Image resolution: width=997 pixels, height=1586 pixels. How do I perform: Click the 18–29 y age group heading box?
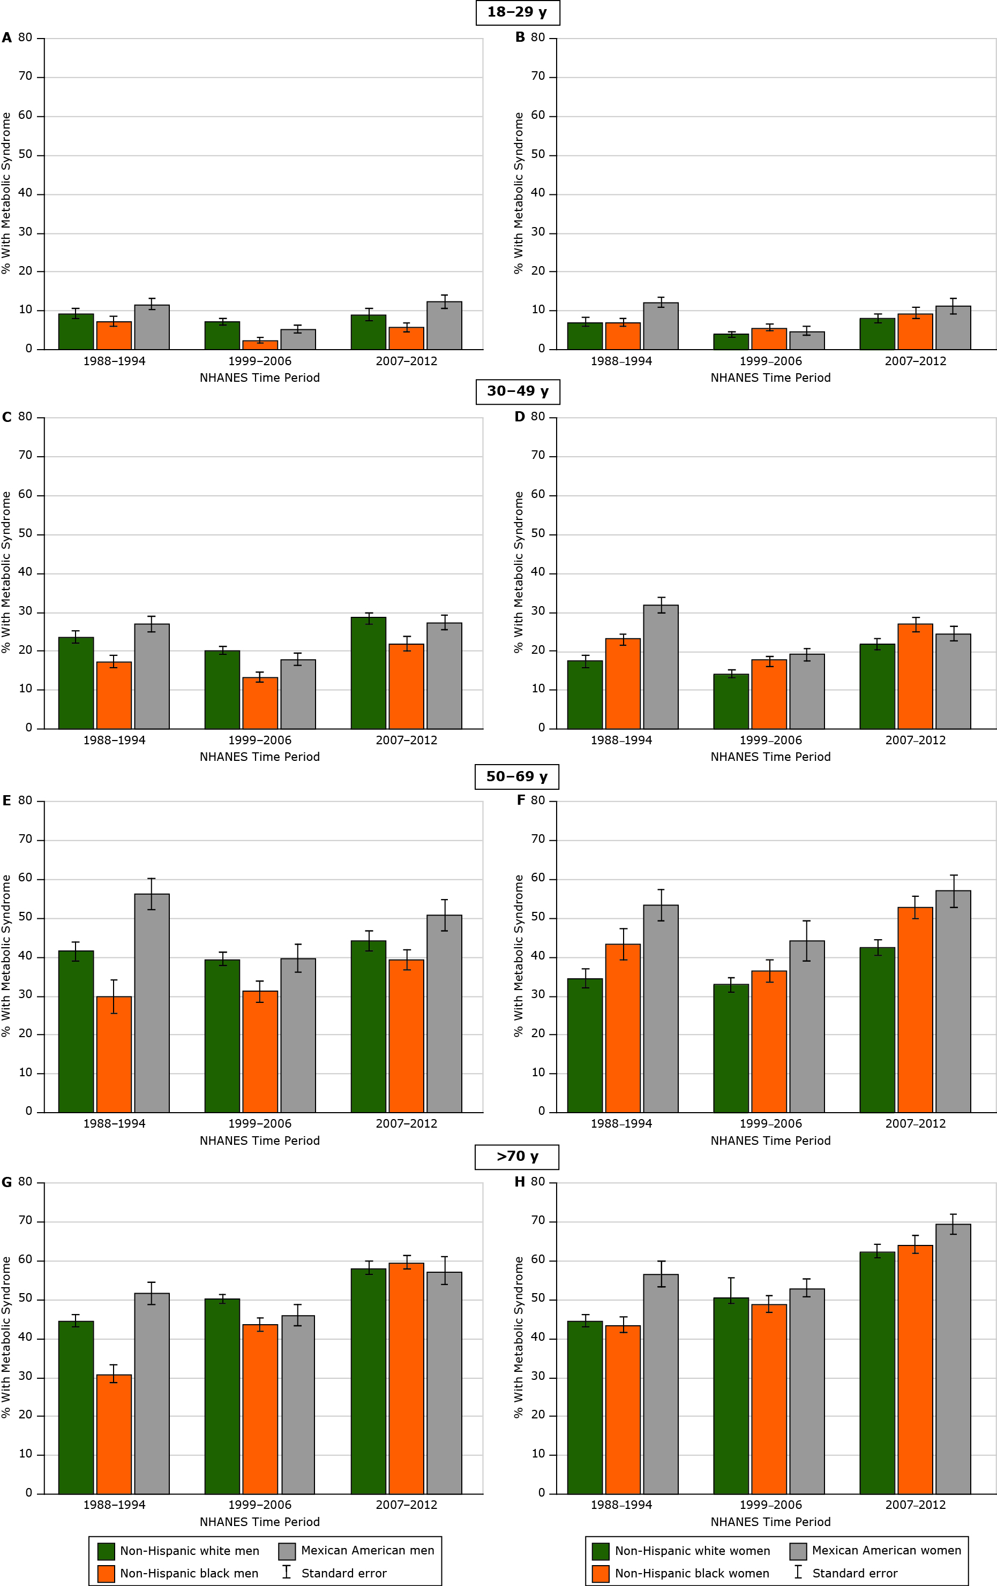click(518, 12)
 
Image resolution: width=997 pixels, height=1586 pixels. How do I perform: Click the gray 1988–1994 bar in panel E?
click(152, 1001)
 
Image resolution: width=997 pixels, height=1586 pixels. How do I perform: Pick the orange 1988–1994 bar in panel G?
click(114, 1434)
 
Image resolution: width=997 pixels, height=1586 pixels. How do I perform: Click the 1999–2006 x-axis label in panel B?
click(770, 361)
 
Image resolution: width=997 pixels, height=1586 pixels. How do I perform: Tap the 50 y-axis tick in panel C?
click(25, 533)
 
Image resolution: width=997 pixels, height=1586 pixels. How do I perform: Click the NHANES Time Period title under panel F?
click(770, 1141)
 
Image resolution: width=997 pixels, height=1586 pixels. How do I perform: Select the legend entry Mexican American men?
click(367, 1551)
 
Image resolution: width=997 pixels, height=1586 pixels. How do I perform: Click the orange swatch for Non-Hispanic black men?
click(106, 1574)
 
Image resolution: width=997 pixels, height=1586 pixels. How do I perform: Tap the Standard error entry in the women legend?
click(854, 1574)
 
